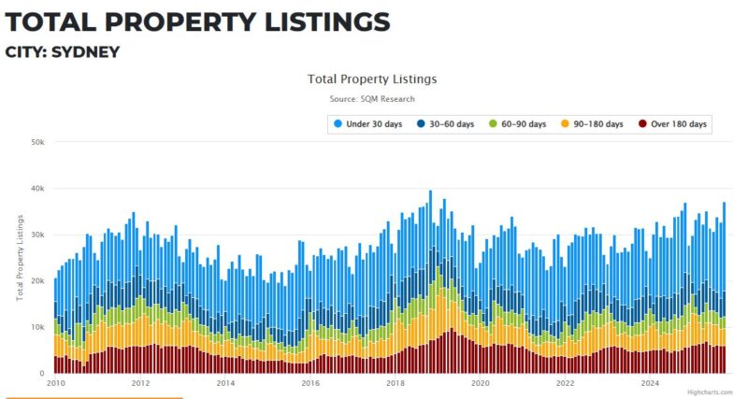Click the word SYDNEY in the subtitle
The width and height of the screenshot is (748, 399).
87,51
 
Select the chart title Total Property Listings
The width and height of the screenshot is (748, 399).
371,79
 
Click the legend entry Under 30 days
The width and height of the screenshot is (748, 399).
367,124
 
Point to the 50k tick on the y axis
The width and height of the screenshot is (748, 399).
37,142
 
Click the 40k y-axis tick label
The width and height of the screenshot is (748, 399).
37,189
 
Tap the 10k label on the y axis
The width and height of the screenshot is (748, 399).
37,327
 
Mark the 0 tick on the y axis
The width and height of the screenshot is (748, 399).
42,373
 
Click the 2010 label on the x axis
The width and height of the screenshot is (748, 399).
56,383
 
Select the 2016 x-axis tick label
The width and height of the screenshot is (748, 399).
310,383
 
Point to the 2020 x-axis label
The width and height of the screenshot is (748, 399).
480,383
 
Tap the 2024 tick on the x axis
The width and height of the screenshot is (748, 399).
649,383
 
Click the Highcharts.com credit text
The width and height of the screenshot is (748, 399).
707,393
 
